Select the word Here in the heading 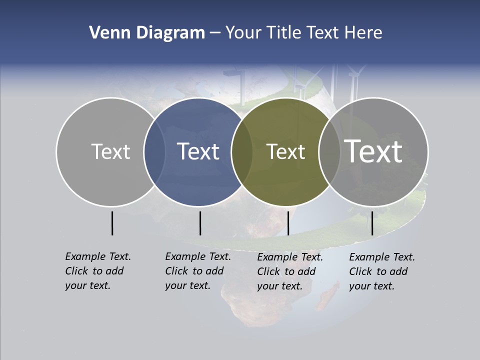[363, 33]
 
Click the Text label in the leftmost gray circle [110, 151]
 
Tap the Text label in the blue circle [198, 151]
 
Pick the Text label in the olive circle [285, 151]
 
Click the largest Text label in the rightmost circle [373, 151]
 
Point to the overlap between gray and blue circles [154, 151]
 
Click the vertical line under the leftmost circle [112, 223]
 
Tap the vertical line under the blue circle [200, 223]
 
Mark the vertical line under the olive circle [288, 223]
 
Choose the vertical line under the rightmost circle [372, 223]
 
